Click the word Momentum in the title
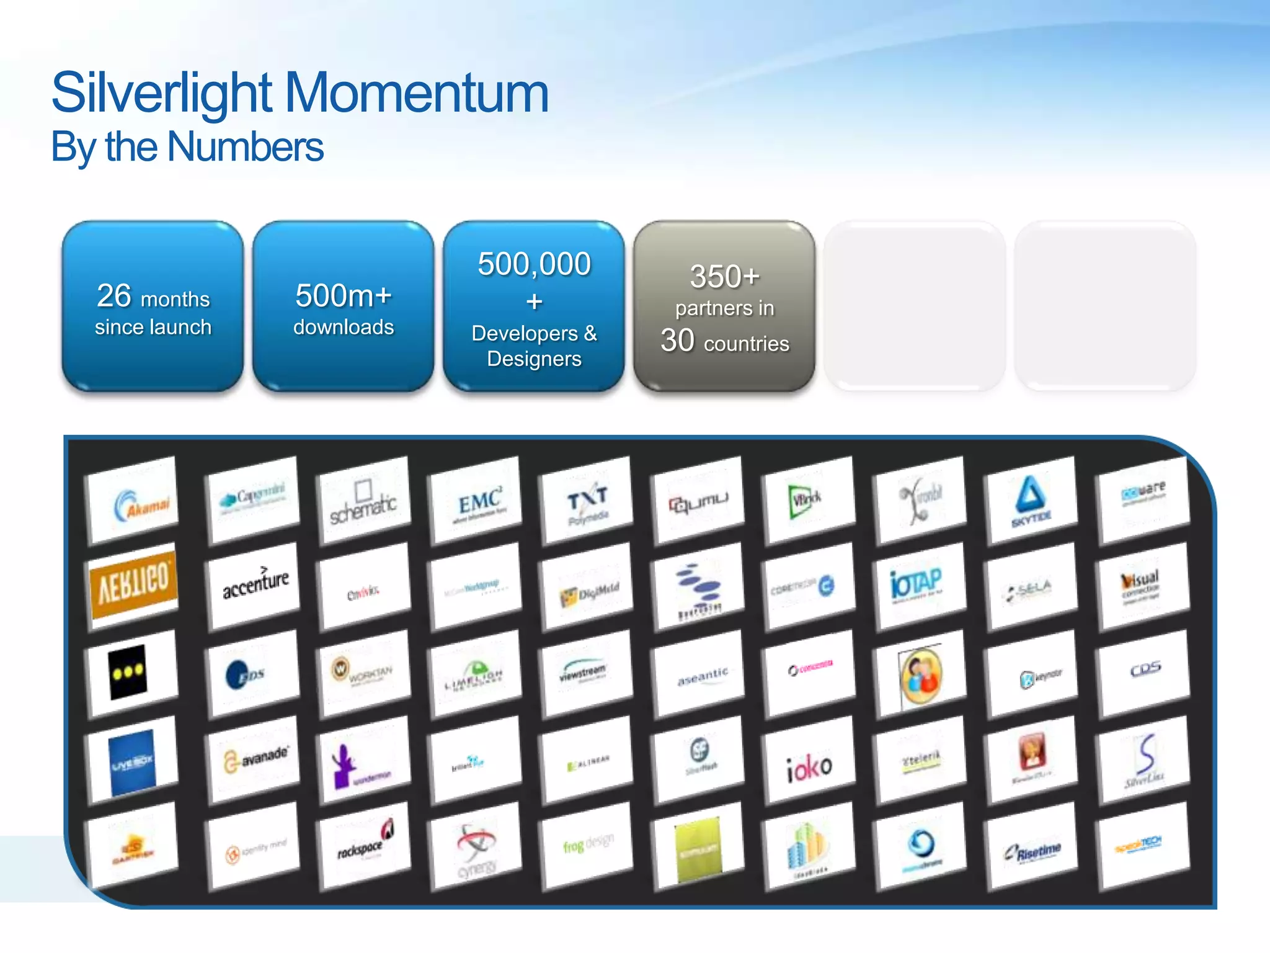coord(417,93)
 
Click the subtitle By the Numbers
coord(187,148)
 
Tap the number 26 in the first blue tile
coord(114,296)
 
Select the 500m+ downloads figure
coord(343,296)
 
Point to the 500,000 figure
coord(534,264)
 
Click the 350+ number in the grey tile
coord(724,277)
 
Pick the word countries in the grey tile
coord(746,344)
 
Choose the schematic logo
coord(363,503)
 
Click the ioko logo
coord(809,767)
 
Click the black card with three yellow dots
coord(129,673)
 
